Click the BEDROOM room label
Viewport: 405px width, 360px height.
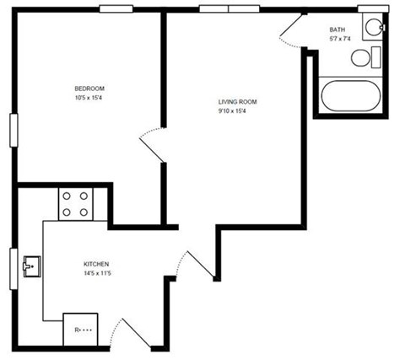pos(89,88)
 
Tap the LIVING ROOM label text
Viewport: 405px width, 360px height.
pos(237,102)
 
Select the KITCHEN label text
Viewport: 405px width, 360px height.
pos(96,264)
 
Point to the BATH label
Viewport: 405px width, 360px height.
pos(337,30)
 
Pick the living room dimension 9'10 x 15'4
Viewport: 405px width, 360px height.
pos(237,110)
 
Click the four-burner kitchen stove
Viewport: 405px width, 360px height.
pos(75,203)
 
